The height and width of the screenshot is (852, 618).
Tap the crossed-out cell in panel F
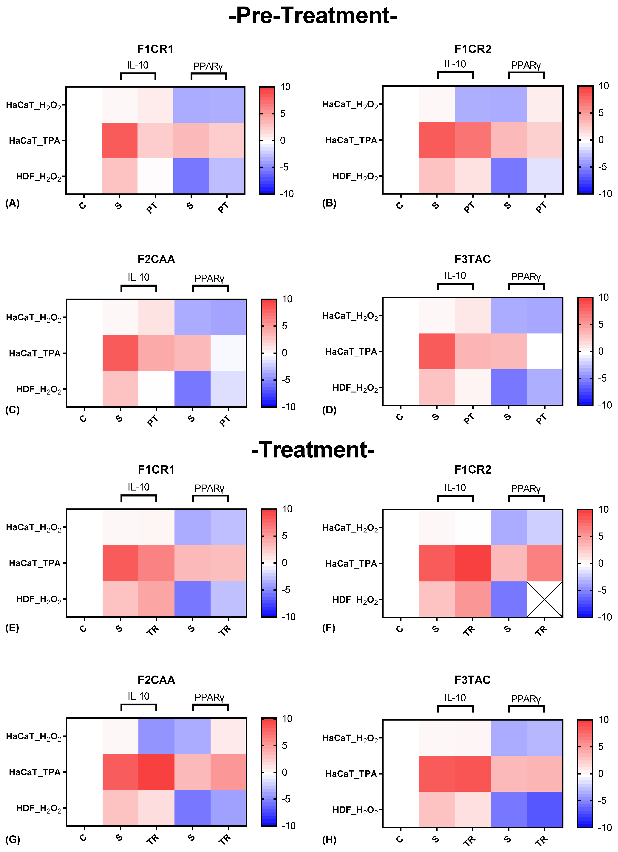point(544,599)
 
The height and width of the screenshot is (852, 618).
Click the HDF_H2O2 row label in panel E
point(38,599)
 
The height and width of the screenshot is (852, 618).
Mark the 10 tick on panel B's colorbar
point(603,86)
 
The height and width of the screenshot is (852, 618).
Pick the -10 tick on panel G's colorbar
point(288,826)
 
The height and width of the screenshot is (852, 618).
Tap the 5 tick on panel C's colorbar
point(285,326)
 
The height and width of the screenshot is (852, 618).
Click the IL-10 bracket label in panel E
point(138,487)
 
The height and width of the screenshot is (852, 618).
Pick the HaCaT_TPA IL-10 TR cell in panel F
point(472,564)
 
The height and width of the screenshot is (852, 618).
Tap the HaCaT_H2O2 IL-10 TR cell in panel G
point(156,736)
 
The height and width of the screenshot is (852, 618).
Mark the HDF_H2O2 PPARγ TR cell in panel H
point(544,810)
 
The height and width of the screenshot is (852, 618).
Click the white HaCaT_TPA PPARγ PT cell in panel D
point(544,351)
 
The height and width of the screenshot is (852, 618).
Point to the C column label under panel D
point(400,417)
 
